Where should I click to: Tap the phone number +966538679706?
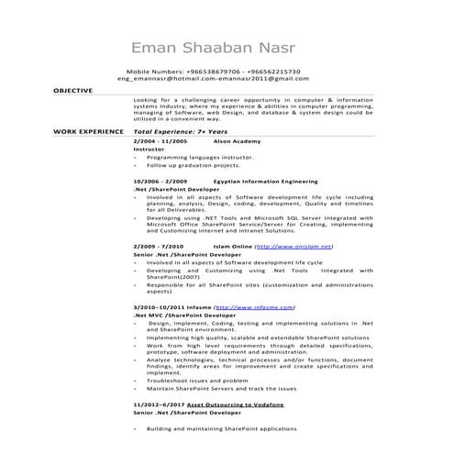pos(203,72)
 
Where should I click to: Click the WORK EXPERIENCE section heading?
pos(87,133)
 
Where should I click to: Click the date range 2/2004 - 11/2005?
pos(160,142)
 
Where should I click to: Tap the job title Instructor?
pos(149,150)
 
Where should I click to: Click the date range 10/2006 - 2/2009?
pos(160,182)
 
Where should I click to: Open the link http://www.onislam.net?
pos(293,247)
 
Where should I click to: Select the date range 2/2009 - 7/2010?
pos(158,247)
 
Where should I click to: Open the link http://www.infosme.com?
pos(253,306)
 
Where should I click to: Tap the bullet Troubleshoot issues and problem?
pos(196,380)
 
